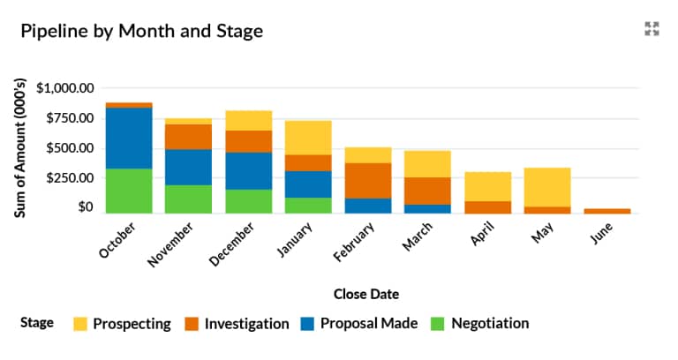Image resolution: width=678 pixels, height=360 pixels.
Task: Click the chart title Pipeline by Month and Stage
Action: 141,31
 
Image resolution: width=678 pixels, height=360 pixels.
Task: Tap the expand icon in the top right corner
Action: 652,29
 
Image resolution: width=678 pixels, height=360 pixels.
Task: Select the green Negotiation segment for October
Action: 129,190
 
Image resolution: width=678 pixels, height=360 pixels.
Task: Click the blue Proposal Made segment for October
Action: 129,138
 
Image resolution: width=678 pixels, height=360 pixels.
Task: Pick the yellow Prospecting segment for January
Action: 308,138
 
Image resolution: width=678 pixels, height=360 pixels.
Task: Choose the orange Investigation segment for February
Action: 368,180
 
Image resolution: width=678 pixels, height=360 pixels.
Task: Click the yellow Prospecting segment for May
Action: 547,187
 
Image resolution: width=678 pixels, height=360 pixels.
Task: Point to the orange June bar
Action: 607,211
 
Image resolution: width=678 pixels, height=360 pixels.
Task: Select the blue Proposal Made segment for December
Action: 249,170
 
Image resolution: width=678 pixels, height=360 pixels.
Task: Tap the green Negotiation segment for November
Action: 189,199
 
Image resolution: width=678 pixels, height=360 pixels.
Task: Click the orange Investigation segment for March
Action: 427,191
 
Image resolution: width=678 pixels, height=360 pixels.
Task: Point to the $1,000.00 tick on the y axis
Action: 64,88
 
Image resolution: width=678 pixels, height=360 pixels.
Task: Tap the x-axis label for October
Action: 115,239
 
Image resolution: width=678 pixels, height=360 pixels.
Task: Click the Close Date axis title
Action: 365,293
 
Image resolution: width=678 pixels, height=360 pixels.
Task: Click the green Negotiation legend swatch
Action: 434,324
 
